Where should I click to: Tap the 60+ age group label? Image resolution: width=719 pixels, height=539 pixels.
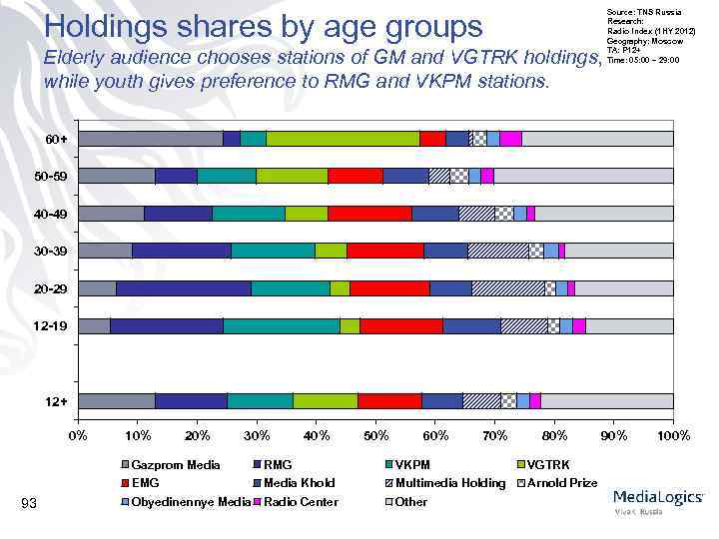(57, 139)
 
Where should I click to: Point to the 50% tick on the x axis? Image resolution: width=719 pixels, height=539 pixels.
(375, 435)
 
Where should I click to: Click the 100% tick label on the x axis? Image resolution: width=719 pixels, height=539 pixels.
(673, 435)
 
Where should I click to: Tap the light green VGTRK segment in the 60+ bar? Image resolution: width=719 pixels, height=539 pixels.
(343, 139)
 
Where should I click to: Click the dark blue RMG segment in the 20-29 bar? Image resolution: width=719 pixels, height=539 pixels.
(183, 288)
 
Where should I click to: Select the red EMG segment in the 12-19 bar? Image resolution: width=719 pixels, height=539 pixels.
(401, 325)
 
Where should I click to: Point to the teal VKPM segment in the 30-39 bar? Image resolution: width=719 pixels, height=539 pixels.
(273, 251)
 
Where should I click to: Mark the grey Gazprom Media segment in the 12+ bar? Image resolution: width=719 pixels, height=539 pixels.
(116, 400)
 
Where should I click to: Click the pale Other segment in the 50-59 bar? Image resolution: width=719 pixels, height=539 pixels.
(583, 176)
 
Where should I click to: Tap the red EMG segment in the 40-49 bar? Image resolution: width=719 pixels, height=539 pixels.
(369, 214)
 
